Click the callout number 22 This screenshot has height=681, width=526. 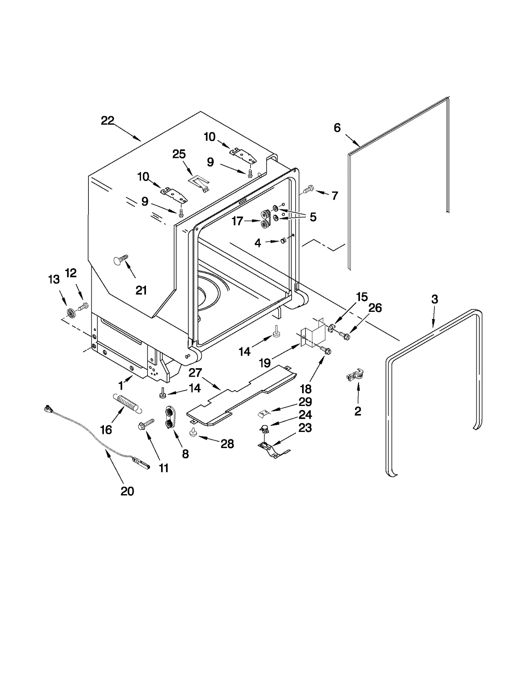coord(107,121)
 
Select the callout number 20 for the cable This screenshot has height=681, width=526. coord(127,491)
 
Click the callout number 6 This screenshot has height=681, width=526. coord(337,128)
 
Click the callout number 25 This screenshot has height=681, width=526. coord(179,154)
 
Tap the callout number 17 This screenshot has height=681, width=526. coord(237,221)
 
